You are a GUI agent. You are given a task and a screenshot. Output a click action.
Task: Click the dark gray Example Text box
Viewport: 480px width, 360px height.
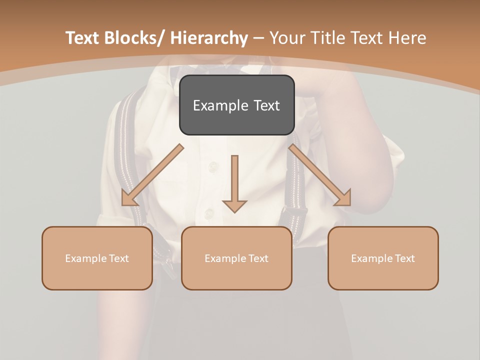click(x=236, y=105)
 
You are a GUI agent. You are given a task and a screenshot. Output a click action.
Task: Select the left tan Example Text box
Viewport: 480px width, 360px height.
click(x=97, y=258)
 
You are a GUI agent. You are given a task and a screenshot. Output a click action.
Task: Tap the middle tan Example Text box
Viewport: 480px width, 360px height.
click(x=236, y=258)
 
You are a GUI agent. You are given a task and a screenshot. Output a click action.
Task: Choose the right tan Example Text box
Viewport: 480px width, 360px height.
click(x=383, y=258)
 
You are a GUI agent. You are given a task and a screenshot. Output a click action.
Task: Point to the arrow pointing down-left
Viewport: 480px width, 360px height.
click(x=152, y=175)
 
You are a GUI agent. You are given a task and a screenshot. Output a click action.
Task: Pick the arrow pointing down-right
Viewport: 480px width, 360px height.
click(x=320, y=175)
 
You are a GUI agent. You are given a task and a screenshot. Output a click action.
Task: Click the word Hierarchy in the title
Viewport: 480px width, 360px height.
click(x=209, y=38)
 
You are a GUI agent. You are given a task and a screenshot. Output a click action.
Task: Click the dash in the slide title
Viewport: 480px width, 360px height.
click(x=258, y=38)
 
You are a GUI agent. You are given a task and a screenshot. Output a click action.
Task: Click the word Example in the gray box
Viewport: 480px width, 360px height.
click(x=214, y=105)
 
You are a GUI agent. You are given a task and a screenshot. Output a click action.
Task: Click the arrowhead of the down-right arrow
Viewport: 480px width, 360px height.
click(x=344, y=198)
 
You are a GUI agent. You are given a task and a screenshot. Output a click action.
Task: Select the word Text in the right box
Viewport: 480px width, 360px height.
click(x=404, y=258)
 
